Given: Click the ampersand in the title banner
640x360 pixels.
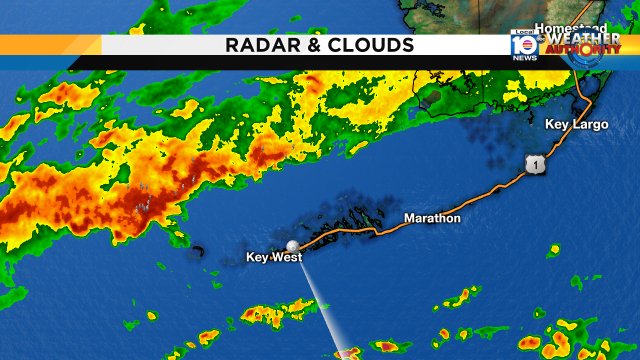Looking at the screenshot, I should tap(312, 45).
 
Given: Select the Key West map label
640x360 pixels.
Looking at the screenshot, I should tap(274, 258).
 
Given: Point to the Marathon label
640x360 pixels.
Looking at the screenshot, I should tap(432, 218).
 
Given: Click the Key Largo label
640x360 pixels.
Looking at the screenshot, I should tap(576, 125).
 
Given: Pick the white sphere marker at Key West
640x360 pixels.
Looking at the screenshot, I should tap(293, 245).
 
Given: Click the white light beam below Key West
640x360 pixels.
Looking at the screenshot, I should tap(322, 300).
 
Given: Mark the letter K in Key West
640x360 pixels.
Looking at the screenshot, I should tap(251, 258).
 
